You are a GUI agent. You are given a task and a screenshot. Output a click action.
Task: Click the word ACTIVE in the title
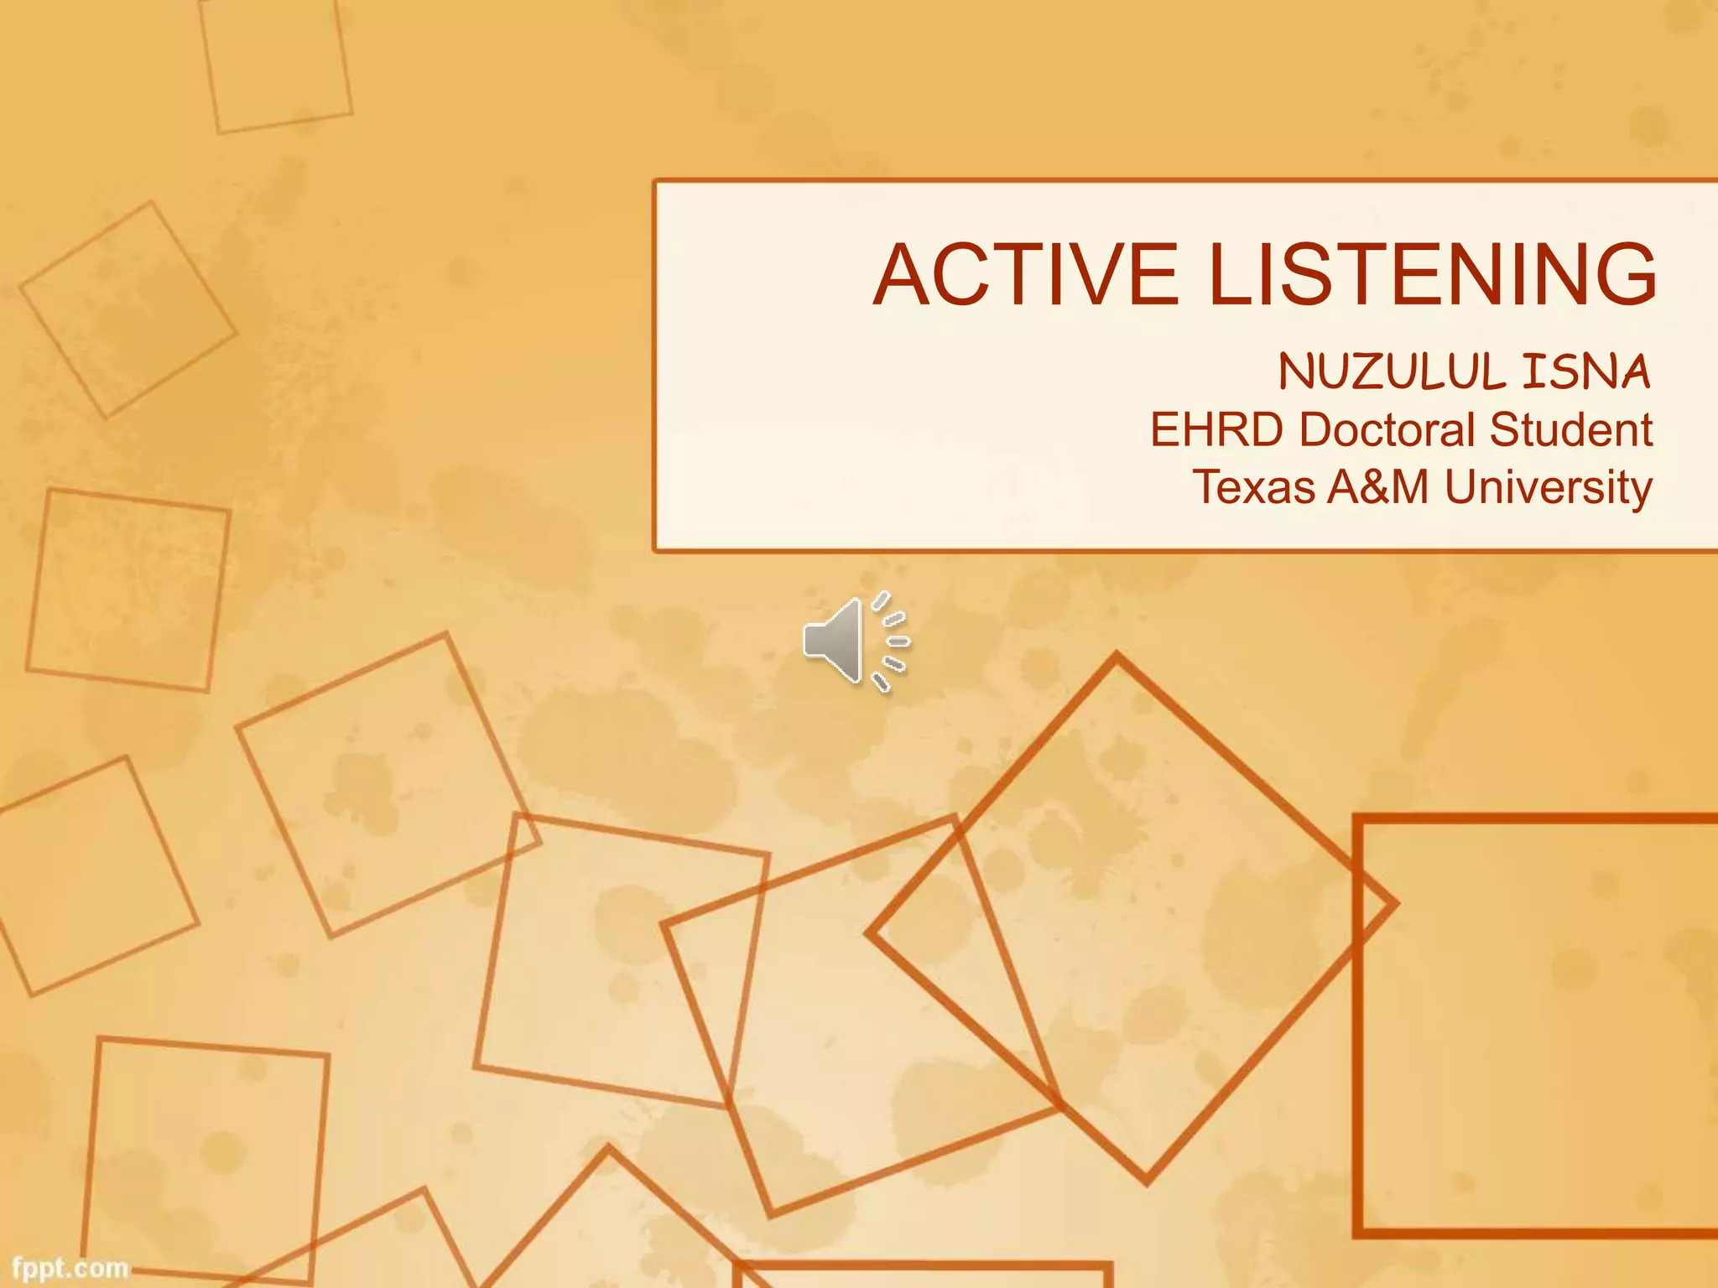(x=1025, y=274)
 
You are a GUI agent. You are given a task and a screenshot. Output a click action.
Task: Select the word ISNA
(x=1586, y=371)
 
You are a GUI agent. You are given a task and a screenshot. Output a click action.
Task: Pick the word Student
(x=1571, y=430)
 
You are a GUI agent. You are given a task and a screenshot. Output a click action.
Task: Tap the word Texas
(x=1254, y=487)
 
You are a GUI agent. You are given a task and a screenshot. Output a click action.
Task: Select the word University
(x=1549, y=487)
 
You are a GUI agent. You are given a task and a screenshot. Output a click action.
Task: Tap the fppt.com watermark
(x=70, y=1268)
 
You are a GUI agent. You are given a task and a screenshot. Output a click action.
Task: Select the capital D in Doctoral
(x=1315, y=430)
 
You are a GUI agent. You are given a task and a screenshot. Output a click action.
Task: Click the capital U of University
(x=1461, y=487)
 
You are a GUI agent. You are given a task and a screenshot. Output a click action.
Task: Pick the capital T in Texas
(x=1207, y=487)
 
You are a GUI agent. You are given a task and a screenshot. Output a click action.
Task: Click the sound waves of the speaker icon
(x=891, y=641)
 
